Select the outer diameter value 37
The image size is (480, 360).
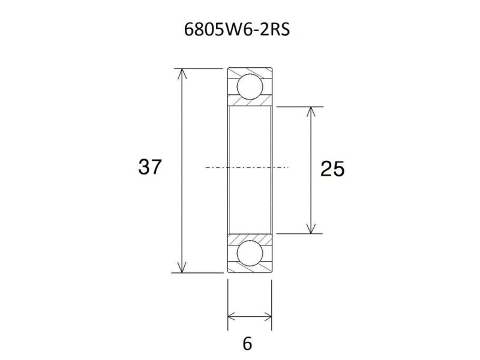(x=149, y=167)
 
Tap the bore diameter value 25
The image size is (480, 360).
(x=332, y=170)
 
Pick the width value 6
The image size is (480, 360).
(x=247, y=344)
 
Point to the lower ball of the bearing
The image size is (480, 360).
(x=250, y=254)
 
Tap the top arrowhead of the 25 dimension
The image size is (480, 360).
(x=310, y=112)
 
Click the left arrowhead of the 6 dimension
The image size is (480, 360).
(x=232, y=316)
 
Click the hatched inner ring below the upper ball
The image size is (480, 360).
(x=250, y=103)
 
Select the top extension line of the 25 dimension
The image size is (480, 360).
(x=300, y=107)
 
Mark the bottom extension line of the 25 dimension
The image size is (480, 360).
(x=300, y=233)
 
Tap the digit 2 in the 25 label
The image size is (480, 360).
(x=326, y=170)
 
